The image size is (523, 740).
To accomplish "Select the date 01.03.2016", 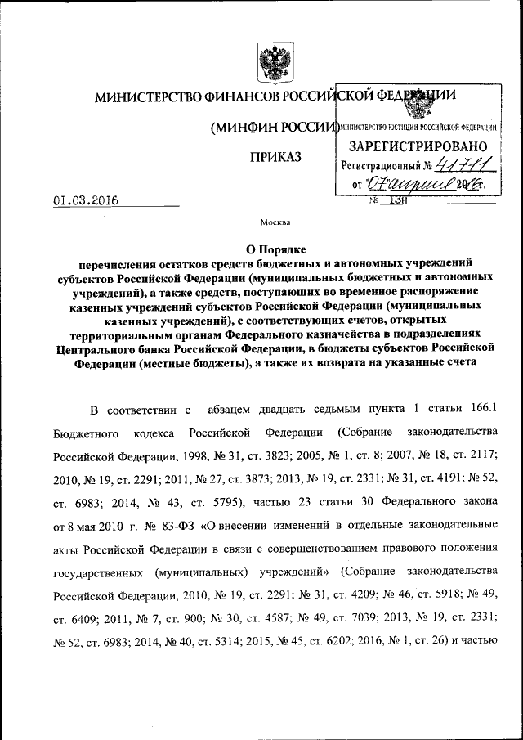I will pyautogui.click(x=86, y=199).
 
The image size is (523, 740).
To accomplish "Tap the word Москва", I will pyautogui.click(x=275, y=222).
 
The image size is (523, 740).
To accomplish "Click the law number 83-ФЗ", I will pyautogui.click(x=181, y=521).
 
